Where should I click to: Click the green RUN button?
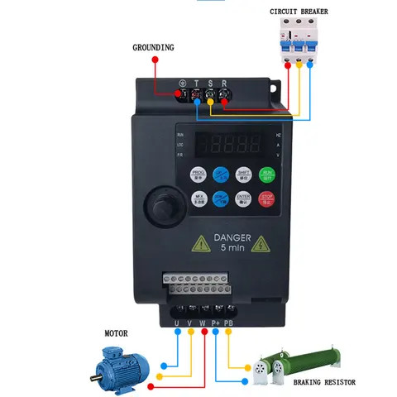[267, 175]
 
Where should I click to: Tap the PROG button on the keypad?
[198, 175]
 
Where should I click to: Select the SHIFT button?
[244, 175]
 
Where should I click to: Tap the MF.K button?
[198, 198]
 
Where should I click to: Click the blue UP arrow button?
[221, 175]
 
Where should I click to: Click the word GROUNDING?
[153, 48]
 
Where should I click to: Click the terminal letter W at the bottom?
[203, 321]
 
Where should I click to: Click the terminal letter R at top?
[223, 83]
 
